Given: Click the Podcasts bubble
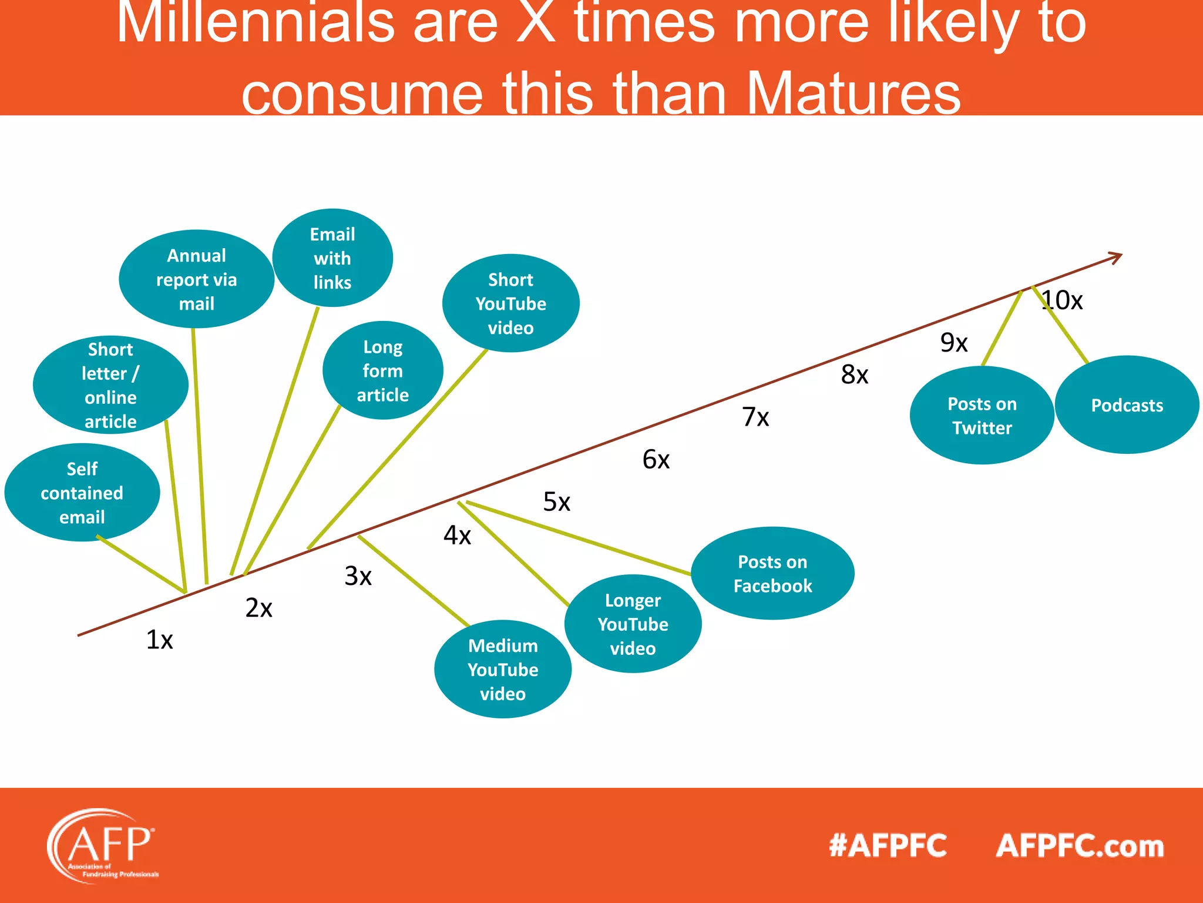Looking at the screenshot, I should [1127, 405].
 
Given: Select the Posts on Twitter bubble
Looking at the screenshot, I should [982, 416].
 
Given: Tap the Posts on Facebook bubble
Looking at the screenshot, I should [772, 574].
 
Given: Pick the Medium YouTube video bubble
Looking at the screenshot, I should [503, 670].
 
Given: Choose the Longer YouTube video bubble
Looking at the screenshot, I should [633, 624].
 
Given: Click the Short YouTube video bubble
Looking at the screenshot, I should [510, 304].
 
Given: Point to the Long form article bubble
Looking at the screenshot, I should [382, 371].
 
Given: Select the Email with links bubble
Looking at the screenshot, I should [332, 259].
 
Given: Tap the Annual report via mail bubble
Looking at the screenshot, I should [196, 280].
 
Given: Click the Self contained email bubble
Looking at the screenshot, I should [82, 493].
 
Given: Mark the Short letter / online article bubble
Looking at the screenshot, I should [110, 386].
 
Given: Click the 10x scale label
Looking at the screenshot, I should [1062, 300].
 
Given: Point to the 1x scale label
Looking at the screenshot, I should [159, 640].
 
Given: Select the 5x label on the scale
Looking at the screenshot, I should [556, 502].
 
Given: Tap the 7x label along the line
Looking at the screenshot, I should [755, 417].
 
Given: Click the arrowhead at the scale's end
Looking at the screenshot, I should [1115, 257].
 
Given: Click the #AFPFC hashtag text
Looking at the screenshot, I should [888, 846].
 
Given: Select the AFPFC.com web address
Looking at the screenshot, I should [1080, 846].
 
